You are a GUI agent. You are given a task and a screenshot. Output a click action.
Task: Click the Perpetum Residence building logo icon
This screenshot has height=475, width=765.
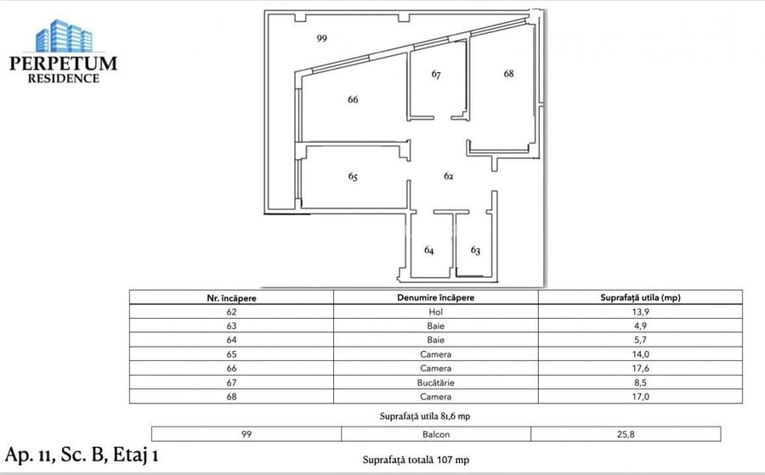coord(63,37)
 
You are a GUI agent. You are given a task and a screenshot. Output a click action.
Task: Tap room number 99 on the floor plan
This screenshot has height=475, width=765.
coord(321,38)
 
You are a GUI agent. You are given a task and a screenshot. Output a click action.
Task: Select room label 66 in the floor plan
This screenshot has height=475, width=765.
coord(353,99)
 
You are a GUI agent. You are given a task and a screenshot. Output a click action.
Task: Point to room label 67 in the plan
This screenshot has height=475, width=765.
coord(436,75)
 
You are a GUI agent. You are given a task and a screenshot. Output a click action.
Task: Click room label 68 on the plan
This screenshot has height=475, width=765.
coord(508,74)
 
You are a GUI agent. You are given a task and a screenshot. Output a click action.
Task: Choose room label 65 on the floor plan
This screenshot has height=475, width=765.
coord(353,177)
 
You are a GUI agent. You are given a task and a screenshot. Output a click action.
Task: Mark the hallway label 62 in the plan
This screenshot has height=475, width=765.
coord(448,176)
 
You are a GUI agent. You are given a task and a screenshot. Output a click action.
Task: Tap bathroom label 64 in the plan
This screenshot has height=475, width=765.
coord(429,251)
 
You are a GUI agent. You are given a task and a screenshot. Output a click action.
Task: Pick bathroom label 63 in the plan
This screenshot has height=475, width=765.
coord(475,251)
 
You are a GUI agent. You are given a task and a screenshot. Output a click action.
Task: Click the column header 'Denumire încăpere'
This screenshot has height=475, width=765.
coord(435,297)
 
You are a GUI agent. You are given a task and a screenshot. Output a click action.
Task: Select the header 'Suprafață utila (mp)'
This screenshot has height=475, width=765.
coord(639,297)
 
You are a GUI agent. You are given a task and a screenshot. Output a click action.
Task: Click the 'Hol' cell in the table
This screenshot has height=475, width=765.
coord(435,312)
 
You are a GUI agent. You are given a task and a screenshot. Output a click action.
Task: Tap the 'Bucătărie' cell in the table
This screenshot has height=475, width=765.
coord(435,382)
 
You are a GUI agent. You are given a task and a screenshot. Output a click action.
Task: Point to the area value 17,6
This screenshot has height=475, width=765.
coord(639,368)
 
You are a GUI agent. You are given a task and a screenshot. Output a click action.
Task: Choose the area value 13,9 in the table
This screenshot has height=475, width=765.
coord(639,312)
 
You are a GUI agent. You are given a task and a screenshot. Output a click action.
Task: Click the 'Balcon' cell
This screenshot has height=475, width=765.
coord(435,433)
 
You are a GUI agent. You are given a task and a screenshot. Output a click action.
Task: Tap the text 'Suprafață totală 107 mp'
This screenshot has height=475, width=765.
coord(416,460)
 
